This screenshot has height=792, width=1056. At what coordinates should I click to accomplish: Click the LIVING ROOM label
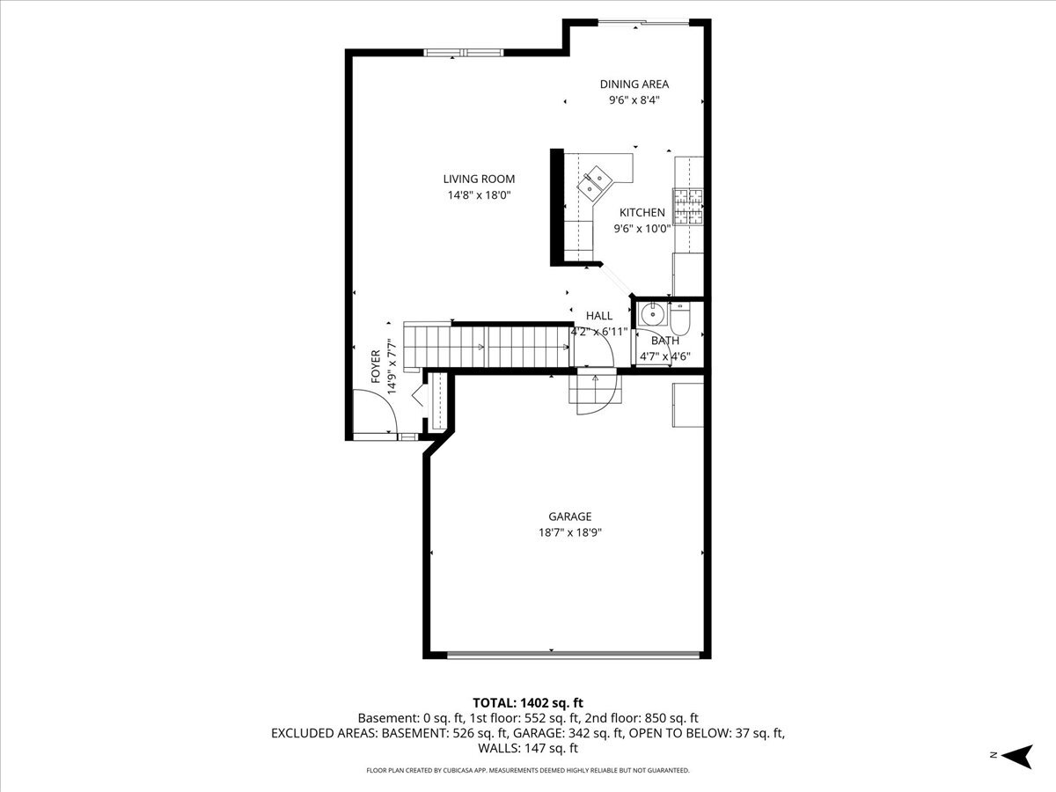coord(479,179)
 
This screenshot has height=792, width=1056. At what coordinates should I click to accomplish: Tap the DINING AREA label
coord(634,84)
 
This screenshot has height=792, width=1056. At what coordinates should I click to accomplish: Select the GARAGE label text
coord(569,517)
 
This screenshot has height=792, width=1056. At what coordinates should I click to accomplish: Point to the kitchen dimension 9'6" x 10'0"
coord(642,228)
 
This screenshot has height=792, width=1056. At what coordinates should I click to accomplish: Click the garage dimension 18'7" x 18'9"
coord(569,532)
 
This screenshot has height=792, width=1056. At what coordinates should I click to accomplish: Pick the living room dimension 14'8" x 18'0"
coord(479,195)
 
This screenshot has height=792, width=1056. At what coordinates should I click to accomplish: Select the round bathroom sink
coord(652,313)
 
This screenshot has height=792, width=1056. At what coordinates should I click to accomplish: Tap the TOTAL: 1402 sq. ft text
coord(528,702)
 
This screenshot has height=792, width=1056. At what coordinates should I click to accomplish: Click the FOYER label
coord(376,366)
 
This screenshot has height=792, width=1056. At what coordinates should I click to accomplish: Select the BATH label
coord(664,341)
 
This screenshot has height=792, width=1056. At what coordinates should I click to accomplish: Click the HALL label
coord(598,316)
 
